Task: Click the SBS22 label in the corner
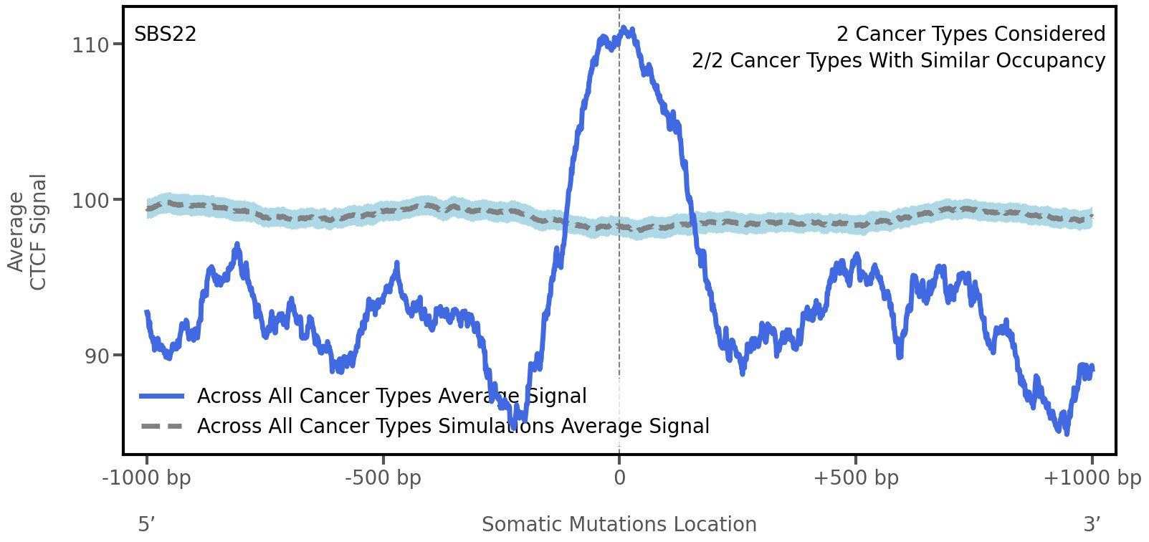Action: tap(165, 34)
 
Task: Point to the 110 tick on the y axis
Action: tap(90, 45)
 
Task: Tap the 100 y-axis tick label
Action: tap(90, 201)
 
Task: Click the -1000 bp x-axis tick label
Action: tap(147, 478)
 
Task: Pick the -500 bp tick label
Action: tap(383, 478)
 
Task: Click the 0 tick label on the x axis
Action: tap(619, 478)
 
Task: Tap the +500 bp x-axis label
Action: tap(856, 478)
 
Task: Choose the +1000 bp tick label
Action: tap(1092, 478)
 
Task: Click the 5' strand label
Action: tap(146, 525)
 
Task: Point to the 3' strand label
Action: tap(1092, 525)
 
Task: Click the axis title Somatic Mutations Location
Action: tap(619, 525)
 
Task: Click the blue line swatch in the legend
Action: tap(162, 396)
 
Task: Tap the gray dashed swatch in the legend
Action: tap(162, 427)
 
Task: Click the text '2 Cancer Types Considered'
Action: tap(971, 34)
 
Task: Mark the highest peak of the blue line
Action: tap(626, 29)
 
